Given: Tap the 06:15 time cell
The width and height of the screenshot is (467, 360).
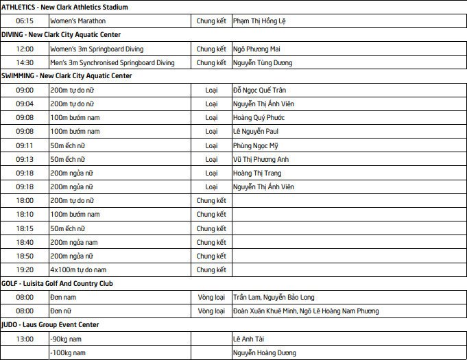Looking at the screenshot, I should tap(25, 21).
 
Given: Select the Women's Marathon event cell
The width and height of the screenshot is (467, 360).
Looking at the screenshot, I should tap(78, 21).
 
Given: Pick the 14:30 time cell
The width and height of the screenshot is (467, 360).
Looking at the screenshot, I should tap(25, 62).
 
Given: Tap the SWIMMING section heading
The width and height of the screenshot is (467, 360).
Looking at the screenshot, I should tap(76, 76).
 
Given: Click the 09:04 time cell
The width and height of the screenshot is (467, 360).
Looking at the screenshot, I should tap(25, 104).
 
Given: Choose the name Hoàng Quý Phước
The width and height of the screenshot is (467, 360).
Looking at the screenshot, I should tap(259, 117).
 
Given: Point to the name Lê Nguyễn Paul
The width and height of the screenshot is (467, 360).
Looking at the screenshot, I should tap(255, 131).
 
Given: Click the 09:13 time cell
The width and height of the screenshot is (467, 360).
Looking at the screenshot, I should tap(25, 159).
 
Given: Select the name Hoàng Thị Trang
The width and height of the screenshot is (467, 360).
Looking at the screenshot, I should tap(257, 173).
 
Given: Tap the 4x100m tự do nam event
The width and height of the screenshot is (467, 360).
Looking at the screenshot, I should tap(78, 269).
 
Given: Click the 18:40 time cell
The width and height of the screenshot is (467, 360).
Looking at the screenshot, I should tap(25, 242).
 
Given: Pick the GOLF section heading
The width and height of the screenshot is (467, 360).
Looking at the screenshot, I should tap(67, 283).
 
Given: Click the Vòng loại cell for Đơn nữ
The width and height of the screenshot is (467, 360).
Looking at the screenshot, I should tap(211, 311).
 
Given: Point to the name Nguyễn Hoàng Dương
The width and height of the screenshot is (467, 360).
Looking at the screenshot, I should tap(265, 352).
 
